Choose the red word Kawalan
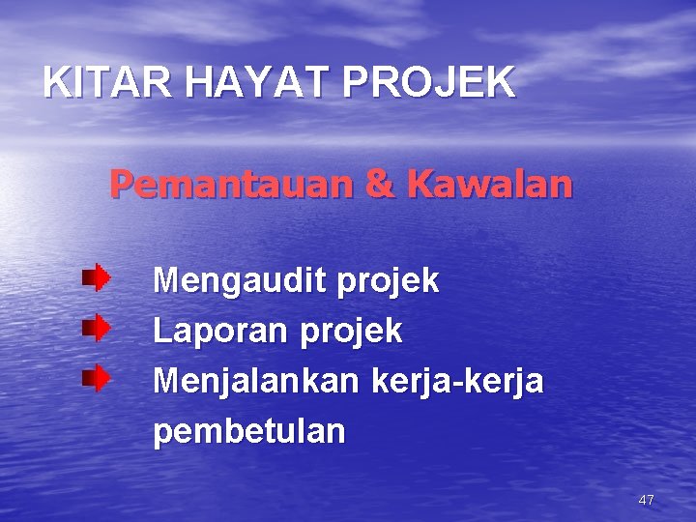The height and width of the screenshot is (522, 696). [x=489, y=184]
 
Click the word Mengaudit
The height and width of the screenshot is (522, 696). [x=240, y=282]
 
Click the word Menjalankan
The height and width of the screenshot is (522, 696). [x=255, y=382]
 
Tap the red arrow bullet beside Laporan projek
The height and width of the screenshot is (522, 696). [x=96, y=329]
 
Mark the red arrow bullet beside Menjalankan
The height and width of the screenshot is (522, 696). [x=96, y=378]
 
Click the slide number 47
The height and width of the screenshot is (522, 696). [x=647, y=500]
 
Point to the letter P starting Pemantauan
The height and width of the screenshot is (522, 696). [x=121, y=184]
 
